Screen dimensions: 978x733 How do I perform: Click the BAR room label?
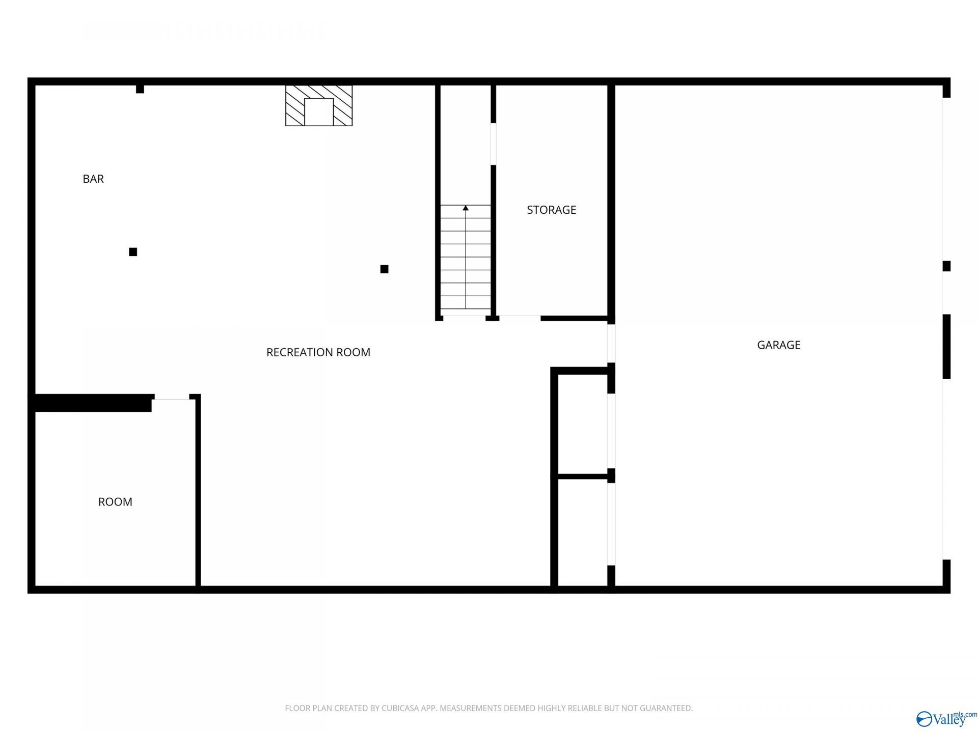tap(93, 179)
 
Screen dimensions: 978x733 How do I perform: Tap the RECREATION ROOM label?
tap(318, 352)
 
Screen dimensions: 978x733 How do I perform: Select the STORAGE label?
tap(551, 210)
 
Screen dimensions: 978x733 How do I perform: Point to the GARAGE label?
tap(779, 345)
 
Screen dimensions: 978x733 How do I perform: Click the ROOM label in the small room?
tap(115, 502)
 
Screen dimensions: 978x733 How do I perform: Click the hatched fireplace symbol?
tap(319, 105)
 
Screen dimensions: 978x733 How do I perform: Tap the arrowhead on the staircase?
tap(466, 208)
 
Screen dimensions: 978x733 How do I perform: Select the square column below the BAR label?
tap(133, 252)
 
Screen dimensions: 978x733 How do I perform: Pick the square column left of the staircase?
tap(385, 269)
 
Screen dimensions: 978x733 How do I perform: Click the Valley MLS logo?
tap(946, 718)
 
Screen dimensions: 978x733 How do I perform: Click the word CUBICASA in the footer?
tap(401, 708)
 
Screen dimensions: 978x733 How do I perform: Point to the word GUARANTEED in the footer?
tap(666, 708)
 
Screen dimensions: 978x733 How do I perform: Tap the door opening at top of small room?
tap(172, 397)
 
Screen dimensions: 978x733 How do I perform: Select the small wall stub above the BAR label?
tap(140, 89)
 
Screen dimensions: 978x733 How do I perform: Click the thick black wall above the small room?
tap(93, 403)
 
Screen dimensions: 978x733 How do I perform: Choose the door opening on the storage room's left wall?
tap(493, 144)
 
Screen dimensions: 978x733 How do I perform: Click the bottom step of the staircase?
tap(466, 302)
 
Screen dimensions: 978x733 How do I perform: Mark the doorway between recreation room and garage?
tap(611, 344)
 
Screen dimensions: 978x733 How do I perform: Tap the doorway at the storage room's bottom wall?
tap(520, 318)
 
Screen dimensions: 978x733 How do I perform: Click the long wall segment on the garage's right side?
tap(946, 347)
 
